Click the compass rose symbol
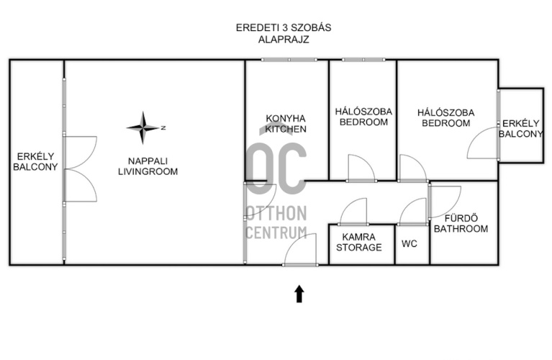143,128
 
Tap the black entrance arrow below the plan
299,294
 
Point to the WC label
410,244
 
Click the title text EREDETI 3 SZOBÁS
284,28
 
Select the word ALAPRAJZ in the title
284,40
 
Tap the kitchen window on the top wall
289,60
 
